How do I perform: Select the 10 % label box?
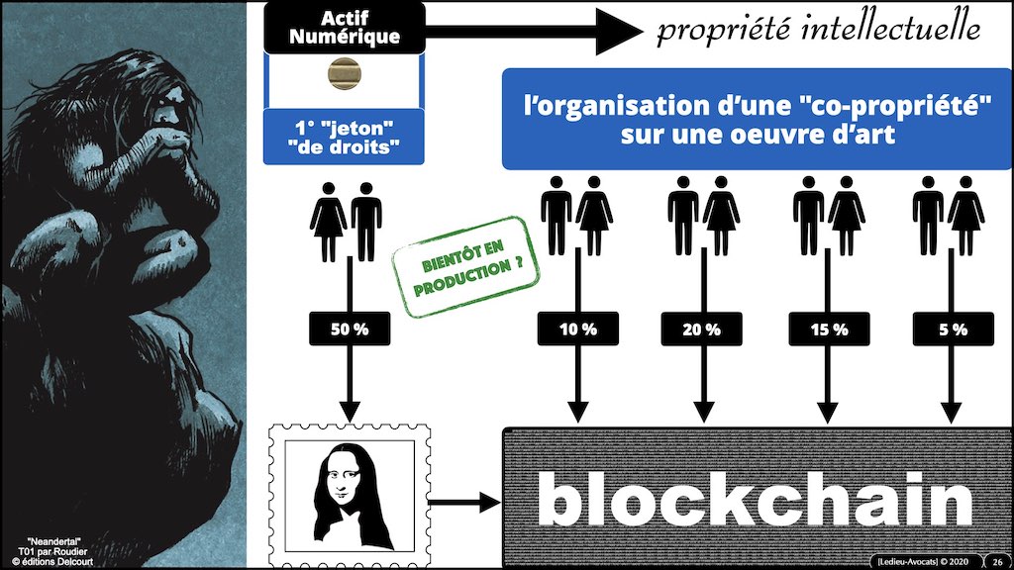578,329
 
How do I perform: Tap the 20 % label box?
705,329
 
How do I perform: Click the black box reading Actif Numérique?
345,28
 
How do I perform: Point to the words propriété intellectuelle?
818,30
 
